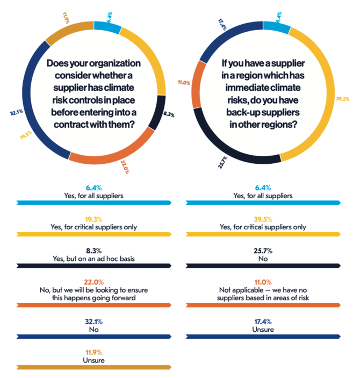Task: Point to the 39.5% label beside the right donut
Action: pyautogui.click(x=342, y=98)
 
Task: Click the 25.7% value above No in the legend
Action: pyautogui.click(x=263, y=250)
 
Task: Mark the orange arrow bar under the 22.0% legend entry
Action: pyautogui.click(x=94, y=305)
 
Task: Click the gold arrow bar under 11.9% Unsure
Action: pyautogui.click(x=94, y=368)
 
